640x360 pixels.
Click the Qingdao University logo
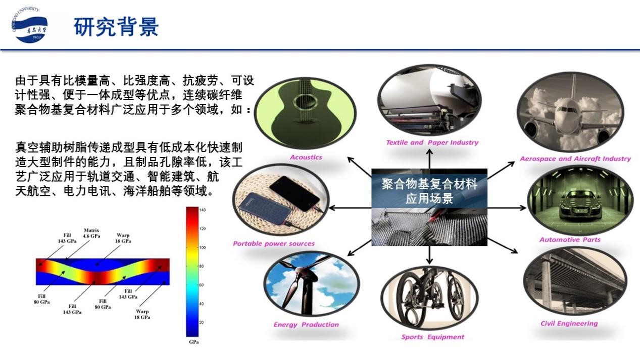coord(29,25)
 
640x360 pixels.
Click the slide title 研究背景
coord(116,27)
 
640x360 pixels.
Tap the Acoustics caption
coord(306,158)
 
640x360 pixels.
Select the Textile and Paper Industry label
coord(432,142)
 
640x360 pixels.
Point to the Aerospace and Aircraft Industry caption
coord(575,159)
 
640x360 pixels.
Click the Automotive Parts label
coord(570,240)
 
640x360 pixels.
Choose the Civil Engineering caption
coord(569,324)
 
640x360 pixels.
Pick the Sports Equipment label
coord(433,337)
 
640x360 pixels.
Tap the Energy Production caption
coord(306,325)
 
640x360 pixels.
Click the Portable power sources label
coord(274,243)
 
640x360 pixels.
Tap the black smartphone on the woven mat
coord(294,193)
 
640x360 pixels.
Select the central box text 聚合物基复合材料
coord(429,184)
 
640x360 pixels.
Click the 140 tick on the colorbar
coord(202,210)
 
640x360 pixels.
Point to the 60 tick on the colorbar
coord(202,285)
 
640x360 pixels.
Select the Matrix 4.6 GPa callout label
coord(91,233)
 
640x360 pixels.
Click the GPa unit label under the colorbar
coord(193,342)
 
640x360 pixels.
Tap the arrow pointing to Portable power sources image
coord(350,208)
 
